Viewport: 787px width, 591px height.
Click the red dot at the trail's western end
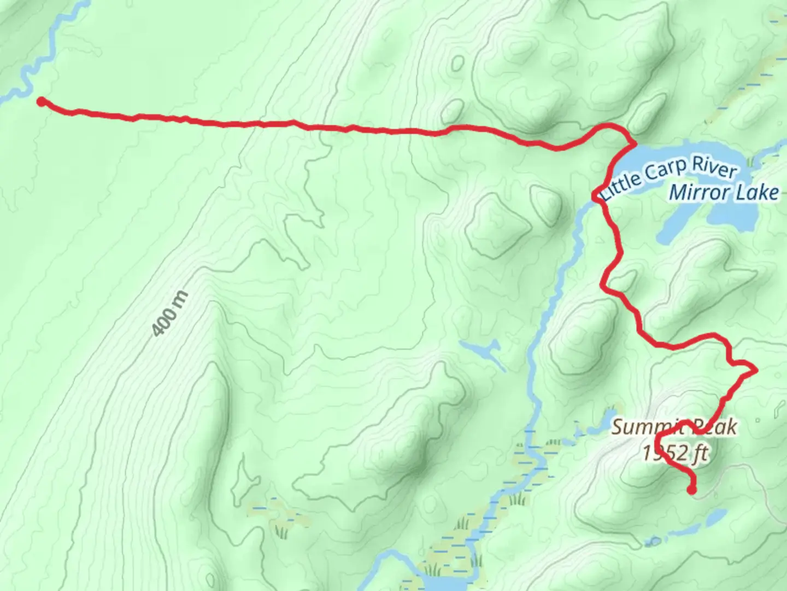(41, 101)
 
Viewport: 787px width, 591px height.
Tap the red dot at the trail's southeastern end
(692, 490)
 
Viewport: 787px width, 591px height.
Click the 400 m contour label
(170, 314)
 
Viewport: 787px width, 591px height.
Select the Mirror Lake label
(724, 192)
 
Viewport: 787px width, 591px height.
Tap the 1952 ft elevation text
(676, 454)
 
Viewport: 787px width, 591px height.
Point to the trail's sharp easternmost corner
(756, 371)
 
